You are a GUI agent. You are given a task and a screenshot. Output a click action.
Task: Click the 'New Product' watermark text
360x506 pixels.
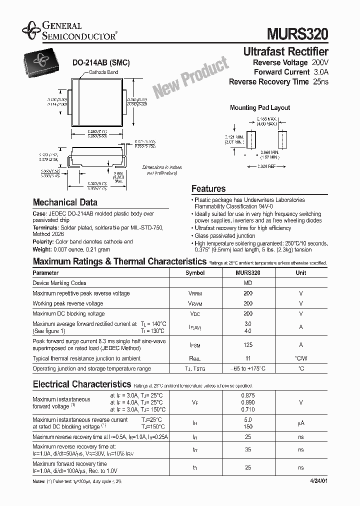pyautogui.click(x=190, y=77)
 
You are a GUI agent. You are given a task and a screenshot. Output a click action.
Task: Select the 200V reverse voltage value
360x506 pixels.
pyautogui.click(x=320, y=62)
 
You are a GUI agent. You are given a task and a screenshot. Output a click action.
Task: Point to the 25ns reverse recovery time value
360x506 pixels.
pyautogui.click(x=320, y=82)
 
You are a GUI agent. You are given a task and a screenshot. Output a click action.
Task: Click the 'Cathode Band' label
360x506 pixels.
pyautogui.click(x=103, y=72)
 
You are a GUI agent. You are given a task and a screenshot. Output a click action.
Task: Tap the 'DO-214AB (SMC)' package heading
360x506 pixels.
pyautogui.click(x=101, y=63)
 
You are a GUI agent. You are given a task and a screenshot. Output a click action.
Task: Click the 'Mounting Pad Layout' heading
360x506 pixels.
pyautogui.click(x=259, y=107)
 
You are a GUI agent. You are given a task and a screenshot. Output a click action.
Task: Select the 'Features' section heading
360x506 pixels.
pyautogui.click(x=208, y=189)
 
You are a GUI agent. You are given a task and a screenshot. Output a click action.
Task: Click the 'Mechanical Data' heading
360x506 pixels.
pyautogui.click(x=65, y=202)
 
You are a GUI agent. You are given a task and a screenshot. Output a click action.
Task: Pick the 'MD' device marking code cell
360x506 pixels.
pyautogui.click(x=247, y=283)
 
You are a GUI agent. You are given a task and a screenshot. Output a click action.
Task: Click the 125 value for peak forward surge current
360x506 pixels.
pyautogui.click(x=247, y=344)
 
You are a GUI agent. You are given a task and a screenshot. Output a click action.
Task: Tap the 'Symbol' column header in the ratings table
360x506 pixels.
pyautogui.click(x=195, y=273)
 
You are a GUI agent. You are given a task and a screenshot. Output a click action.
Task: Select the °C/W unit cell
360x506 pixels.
pyautogui.click(x=300, y=358)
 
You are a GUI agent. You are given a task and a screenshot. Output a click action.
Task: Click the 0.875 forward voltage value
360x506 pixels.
pyautogui.click(x=247, y=395)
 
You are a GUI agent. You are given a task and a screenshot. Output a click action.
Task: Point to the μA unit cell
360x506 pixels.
pyautogui.click(x=300, y=423)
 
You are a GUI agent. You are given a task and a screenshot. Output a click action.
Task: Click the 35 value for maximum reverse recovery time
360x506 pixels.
pyautogui.click(x=247, y=449)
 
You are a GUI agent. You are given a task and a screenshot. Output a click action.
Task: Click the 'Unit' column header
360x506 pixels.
pyautogui.click(x=300, y=273)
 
